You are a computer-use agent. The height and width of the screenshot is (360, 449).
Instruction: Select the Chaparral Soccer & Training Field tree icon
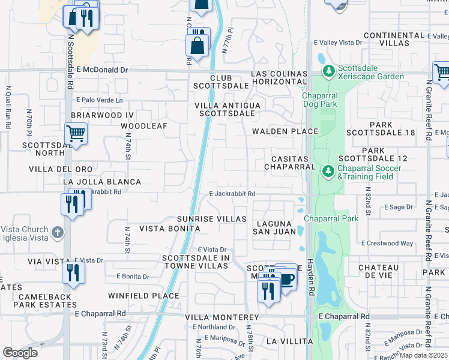(x=328, y=172)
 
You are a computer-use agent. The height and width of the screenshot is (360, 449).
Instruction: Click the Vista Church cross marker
(x=57, y=232)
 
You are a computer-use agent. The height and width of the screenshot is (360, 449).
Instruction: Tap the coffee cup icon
(x=287, y=279)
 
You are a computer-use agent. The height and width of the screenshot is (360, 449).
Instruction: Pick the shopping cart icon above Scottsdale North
(x=76, y=133)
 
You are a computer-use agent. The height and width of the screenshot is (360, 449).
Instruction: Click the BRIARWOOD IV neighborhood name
(x=101, y=115)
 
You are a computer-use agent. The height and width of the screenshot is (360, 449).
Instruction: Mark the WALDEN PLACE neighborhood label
(x=285, y=131)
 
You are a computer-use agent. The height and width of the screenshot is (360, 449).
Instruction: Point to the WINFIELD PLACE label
(x=143, y=296)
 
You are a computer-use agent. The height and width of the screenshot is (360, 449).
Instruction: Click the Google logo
(x=20, y=353)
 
